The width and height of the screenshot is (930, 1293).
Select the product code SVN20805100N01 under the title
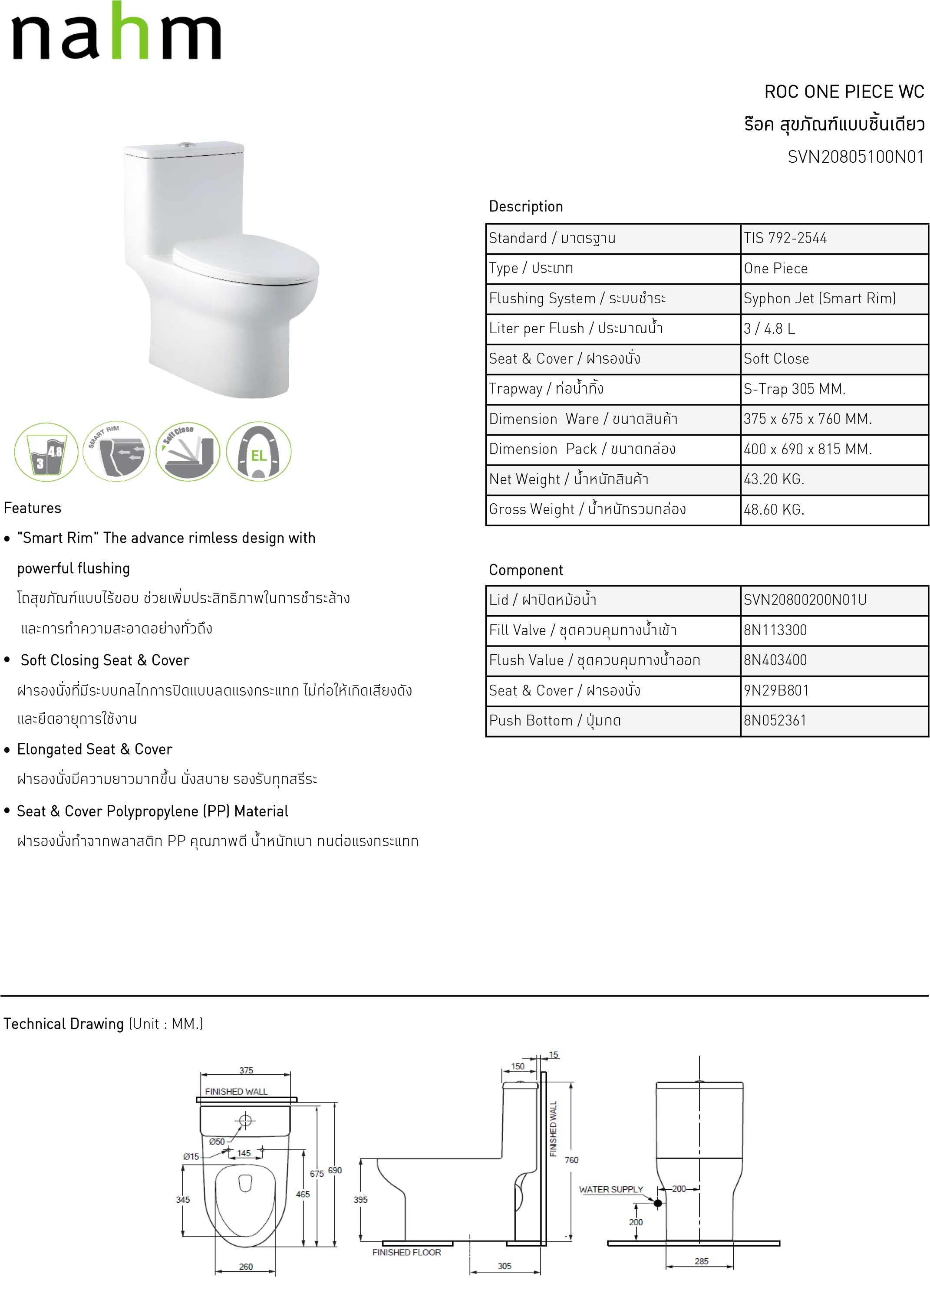(x=855, y=157)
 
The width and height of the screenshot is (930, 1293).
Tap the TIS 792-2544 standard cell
(x=785, y=238)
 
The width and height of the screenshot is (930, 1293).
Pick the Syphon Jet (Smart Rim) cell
(x=819, y=298)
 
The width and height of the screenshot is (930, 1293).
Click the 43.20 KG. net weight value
(x=774, y=479)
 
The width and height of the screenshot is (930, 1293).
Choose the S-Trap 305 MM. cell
(x=794, y=389)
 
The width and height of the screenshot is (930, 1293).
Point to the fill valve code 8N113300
(x=775, y=630)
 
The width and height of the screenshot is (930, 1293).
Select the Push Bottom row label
(x=554, y=721)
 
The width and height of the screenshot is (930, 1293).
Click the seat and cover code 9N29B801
(x=776, y=690)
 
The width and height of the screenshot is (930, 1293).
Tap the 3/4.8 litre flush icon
(x=46, y=452)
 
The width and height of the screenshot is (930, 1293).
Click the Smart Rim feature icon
(x=116, y=452)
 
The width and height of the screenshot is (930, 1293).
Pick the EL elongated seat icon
(x=258, y=452)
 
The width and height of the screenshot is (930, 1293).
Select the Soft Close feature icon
(x=188, y=452)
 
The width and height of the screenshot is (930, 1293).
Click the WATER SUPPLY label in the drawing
(x=610, y=1189)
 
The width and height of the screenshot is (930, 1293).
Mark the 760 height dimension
(x=571, y=1160)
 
